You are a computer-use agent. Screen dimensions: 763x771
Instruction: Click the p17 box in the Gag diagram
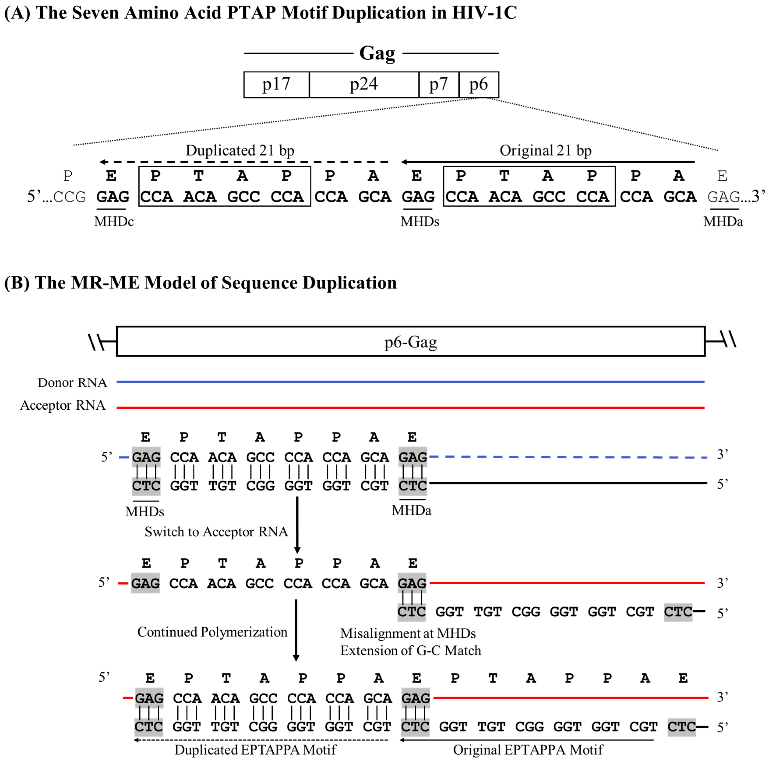[x=276, y=84]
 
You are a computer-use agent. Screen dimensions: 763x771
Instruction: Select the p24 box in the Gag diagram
[x=364, y=84]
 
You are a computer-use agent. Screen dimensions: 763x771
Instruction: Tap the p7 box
[x=438, y=84]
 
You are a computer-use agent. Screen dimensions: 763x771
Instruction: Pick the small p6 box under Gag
[x=479, y=84]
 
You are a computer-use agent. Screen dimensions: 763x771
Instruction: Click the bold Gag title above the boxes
[x=377, y=53]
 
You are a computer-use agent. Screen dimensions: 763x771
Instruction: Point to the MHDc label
[x=114, y=221]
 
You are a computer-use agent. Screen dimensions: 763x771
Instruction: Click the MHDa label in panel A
[x=723, y=221]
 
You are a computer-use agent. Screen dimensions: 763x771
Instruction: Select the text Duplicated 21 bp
[x=240, y=150]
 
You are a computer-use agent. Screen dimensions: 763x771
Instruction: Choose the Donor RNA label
[x=72, y=382]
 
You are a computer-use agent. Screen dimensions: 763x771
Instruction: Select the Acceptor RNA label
[x=63, y=405]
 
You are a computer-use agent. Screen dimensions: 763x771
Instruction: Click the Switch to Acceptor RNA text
[x=216, y=532]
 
